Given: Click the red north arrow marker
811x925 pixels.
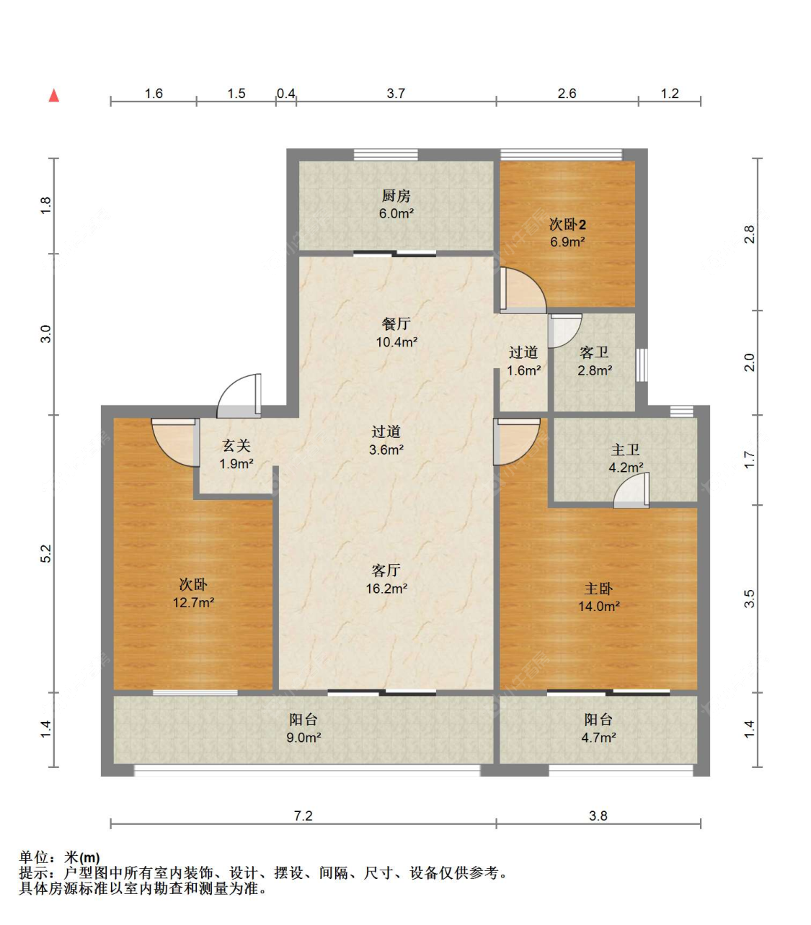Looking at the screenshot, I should coord(53,96).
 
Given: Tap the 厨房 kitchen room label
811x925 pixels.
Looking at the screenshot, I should coord(396,195).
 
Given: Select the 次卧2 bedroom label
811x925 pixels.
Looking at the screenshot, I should coord(567,225).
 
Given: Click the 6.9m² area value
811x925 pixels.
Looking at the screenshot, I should coord(567,242).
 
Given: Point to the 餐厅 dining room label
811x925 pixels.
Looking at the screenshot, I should coord(396,324).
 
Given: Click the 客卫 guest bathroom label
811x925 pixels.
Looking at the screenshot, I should coord(594,352).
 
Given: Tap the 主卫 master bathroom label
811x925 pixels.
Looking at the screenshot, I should coord(625,450).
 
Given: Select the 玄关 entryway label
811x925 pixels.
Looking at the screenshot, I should coord(236,446).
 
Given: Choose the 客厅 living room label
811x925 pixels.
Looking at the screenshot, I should coord(386,571).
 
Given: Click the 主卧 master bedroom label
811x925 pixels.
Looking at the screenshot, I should coord(598,589).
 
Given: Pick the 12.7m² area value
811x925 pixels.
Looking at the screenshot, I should coord(193,602).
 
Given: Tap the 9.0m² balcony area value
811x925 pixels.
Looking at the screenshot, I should coord(303,738).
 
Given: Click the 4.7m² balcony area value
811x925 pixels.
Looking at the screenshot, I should coord(598,738).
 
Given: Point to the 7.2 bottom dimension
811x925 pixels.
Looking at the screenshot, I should coord(303,815).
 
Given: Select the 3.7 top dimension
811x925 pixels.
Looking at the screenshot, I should coord(396,93).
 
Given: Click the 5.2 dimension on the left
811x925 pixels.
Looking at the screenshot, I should coord(46,553).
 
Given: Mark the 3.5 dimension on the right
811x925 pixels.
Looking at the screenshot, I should coord(750,599).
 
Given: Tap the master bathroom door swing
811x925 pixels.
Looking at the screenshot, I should coord(632,491).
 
